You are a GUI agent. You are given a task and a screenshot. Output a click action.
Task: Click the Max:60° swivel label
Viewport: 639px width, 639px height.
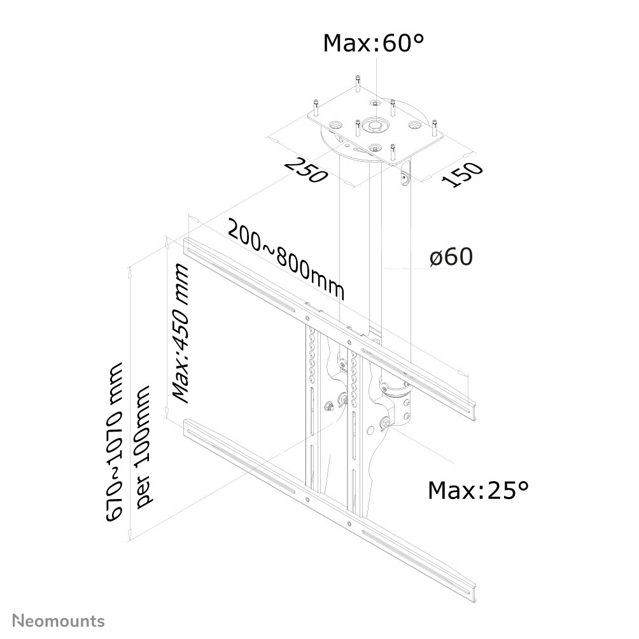(x=373, y=43)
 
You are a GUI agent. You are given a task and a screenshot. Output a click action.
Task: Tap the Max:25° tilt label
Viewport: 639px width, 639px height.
(x=477, y=490)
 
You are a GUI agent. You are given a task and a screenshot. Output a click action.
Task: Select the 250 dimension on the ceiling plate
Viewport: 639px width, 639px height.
(x=305, y=169)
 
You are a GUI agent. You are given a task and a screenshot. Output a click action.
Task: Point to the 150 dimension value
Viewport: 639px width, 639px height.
(x=463, y=174)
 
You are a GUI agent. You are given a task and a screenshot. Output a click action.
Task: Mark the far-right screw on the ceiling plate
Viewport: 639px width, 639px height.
(x=435, y=128)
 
